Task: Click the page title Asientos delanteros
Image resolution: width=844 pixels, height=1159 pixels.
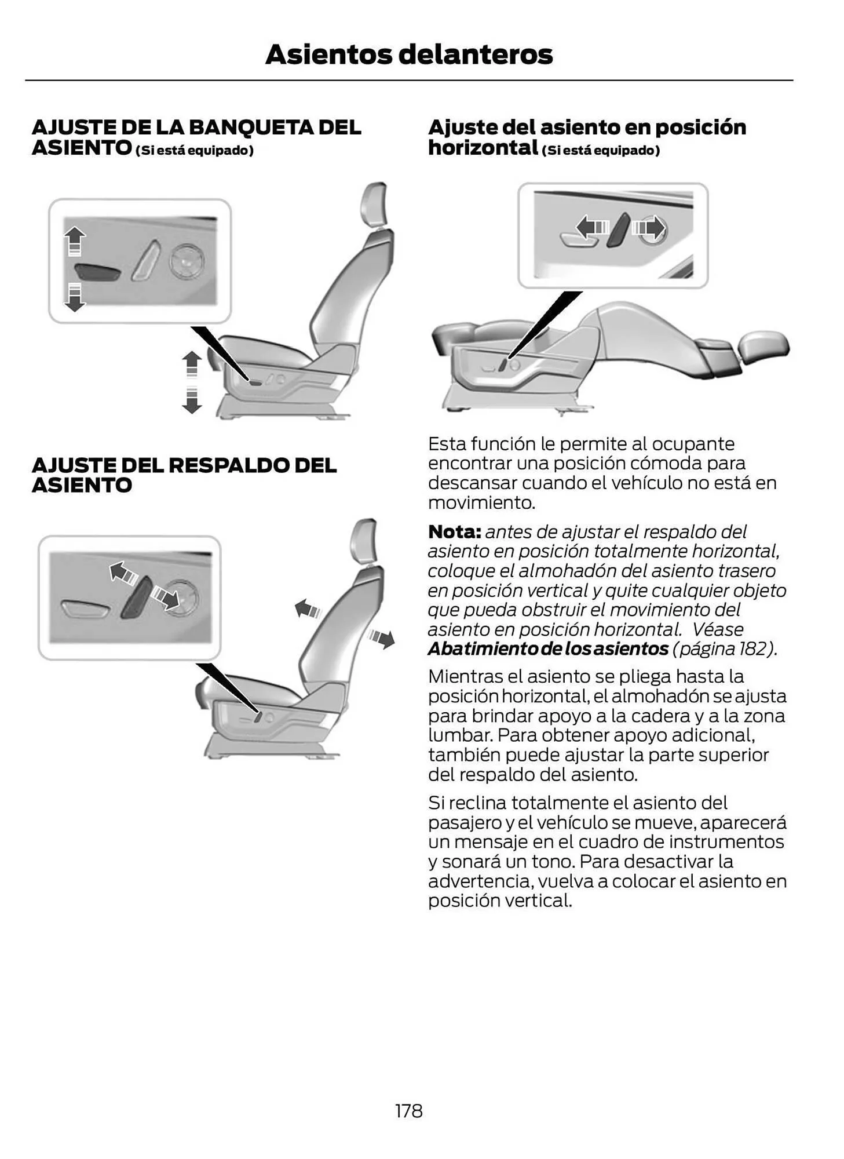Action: (408, 54)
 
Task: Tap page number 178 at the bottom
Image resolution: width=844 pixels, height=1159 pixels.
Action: (408, 1110)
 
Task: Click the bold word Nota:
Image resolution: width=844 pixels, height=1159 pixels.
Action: (454, 531)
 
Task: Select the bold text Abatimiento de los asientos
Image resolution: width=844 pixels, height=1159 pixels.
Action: (547, 648)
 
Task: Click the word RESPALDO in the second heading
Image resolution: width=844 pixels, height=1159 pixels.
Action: (229, 465)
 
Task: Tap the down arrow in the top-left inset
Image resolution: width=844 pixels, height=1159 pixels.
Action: (74, 297)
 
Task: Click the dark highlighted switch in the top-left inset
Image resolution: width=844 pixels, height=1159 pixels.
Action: (97, 272)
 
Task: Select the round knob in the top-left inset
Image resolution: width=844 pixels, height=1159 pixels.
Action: (187, 261)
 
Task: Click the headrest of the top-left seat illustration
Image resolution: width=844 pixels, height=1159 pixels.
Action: (374, 204)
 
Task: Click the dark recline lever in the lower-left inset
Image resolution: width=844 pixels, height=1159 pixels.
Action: (137, 597)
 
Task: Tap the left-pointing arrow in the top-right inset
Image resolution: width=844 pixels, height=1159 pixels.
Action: (592, 225)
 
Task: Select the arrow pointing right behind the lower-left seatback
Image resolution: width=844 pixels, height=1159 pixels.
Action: (382, 639)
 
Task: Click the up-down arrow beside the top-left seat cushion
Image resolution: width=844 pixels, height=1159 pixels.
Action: (192, 382)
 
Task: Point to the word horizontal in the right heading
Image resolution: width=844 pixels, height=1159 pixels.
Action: (483, 148)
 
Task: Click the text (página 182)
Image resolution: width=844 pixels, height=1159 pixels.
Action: (724, 648)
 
